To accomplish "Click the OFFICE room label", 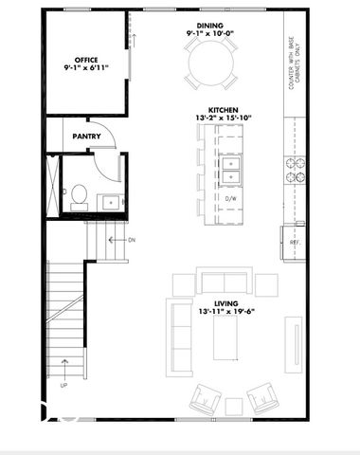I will pyautogui.click(x=86, y=60).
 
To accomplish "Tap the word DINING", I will pyautogui.click(x=210, y=26).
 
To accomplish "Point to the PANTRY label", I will pyautogui.click(x=86, y=136).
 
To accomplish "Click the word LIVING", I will pyautogui.click(x=225, y=303).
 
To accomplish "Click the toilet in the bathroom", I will pyautogui.click(x=79, y=196).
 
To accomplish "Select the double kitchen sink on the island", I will pyautogui.click(x=231, y=170).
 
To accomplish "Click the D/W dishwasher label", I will pyautogui.click(x=230, y=198).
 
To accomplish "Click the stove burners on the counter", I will pyautogui.click(x=294, y=169).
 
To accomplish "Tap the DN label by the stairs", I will pyautogui.click(x=131, y=240).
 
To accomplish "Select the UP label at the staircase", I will pyautogui.click(x=63, y=386).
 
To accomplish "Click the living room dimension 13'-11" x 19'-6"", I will pyautogui.click(x=226, y=312).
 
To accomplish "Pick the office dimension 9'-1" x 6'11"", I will pyautogui.click(x=86, y=68).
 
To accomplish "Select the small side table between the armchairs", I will pyautogui.click(x=233, y=407).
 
